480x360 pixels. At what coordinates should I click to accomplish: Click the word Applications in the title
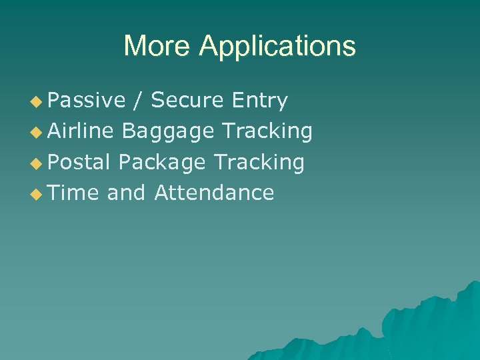coord(277,47)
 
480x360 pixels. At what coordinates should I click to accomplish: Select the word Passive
coord(87,101)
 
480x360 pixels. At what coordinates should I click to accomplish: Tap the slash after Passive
coord(138,101)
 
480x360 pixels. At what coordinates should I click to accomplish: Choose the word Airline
coord(81,131)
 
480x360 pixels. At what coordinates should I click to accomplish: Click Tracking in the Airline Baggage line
coord(267,132)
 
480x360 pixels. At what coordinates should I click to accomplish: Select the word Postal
coord(79,162)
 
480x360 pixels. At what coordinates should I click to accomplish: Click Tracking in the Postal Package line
coord(259,163)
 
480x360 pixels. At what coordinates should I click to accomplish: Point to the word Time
coord(73,193)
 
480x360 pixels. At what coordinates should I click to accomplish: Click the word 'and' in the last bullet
coord(126,193)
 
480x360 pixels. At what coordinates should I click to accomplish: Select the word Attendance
coord(214,193)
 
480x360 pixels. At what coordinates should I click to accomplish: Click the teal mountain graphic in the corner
coord(427,327)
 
